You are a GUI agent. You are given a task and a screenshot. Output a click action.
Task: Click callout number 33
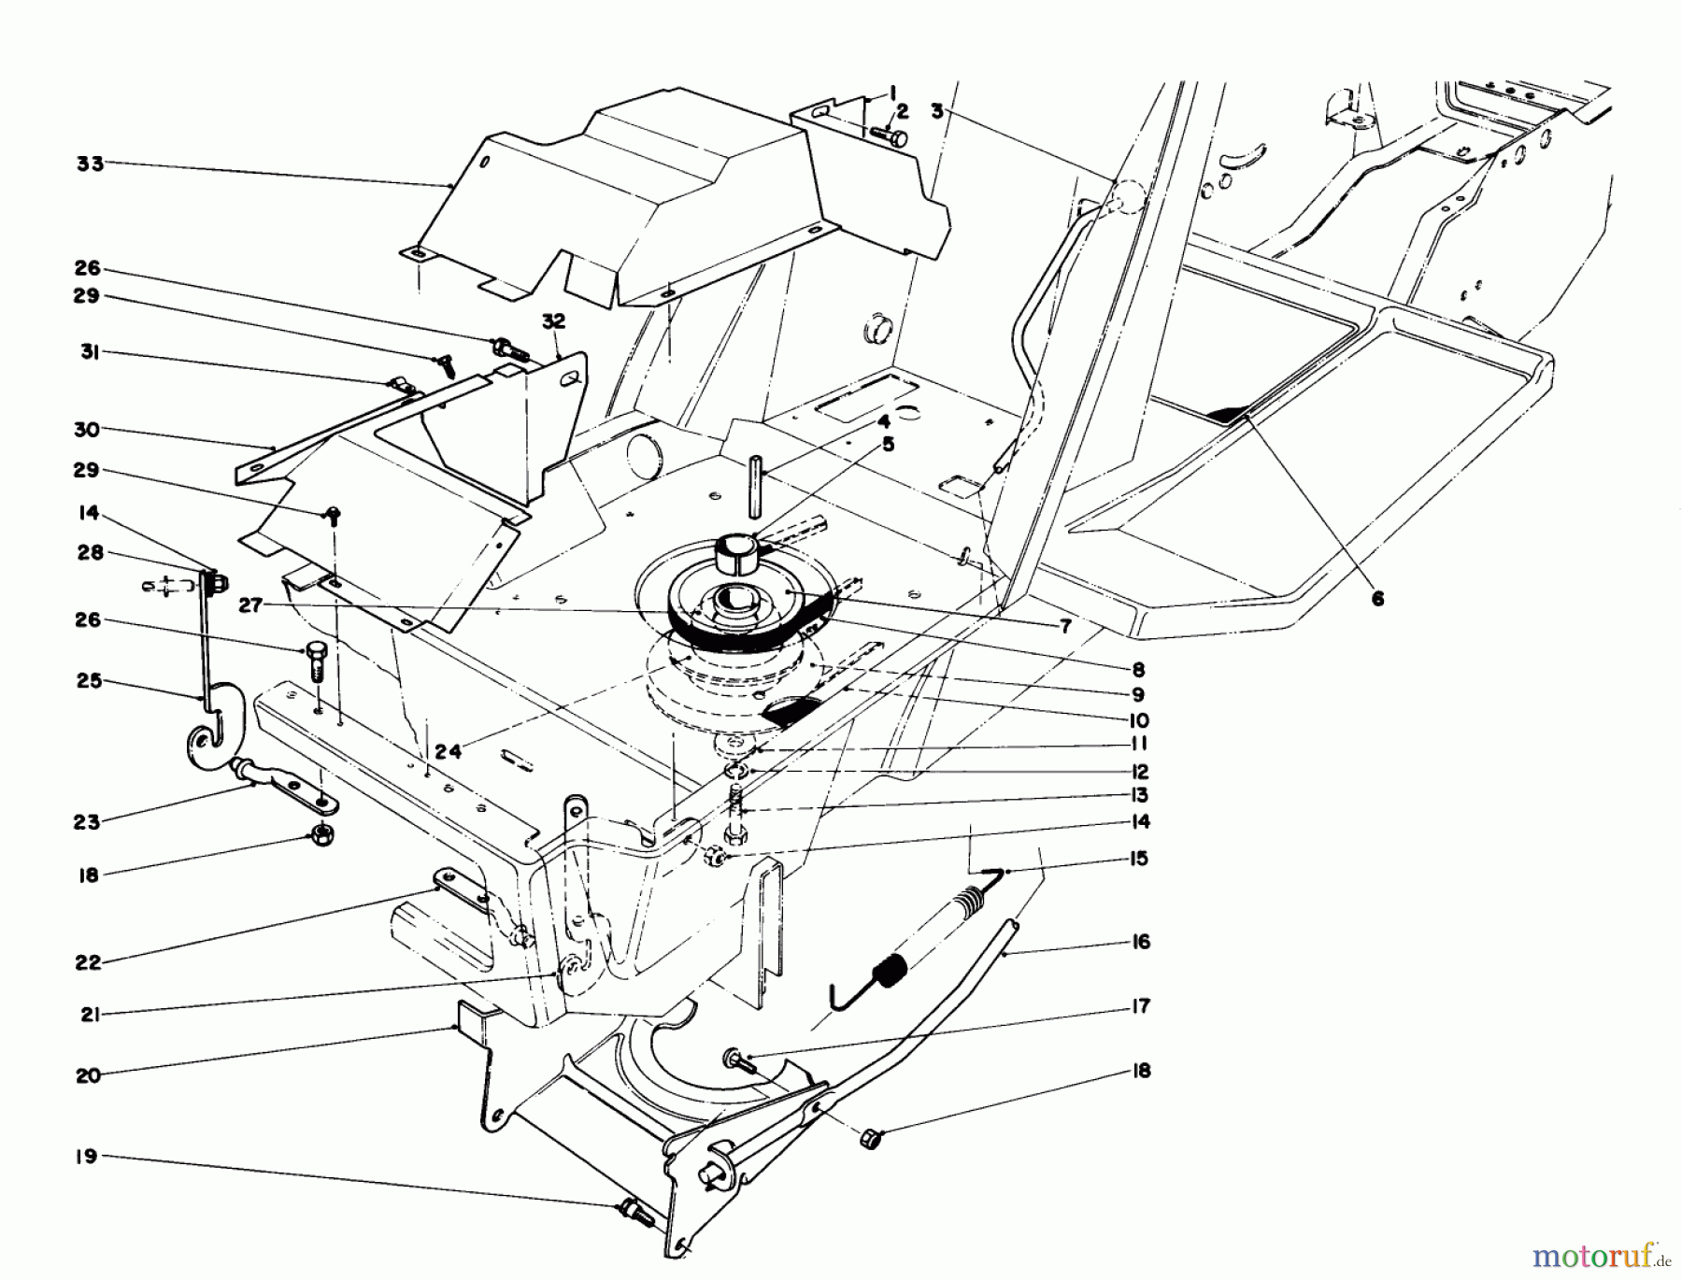point(90,165)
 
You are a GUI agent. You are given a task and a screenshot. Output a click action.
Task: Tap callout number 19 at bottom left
point(87,1157)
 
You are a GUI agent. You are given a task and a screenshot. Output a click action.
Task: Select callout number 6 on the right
point(1377,600)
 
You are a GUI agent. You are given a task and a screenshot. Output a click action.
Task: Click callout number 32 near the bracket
point(553,321)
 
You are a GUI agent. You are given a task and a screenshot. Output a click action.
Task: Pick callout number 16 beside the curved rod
point(1140,942)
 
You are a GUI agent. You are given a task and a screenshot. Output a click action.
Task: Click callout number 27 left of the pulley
point(249,605)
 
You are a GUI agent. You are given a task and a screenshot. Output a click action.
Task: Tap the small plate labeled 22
point(461,888)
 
